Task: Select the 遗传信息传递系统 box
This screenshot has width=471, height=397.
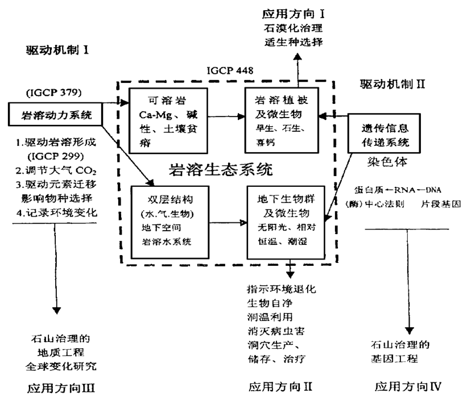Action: pyautogui.click(x=381, y=132)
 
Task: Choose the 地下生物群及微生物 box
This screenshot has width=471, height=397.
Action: pyautogui.click(x=283, y=219)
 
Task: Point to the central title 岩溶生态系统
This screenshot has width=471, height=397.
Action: pyautogui.click(x=221, y=169)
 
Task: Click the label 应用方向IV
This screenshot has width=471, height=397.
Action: pyautogui.click(x=408, y=387)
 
